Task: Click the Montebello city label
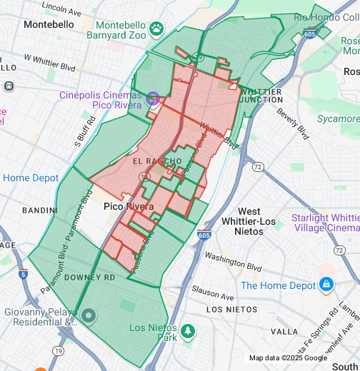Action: tap(49, 24)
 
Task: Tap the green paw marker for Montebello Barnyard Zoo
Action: tap(156, 29)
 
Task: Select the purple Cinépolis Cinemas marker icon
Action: tap(152, 99)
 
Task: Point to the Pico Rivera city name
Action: tap(129, 206)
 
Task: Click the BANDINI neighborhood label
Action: tap(39, 210)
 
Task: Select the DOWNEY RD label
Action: tap(89, 277)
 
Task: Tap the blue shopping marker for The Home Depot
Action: tap(326, 285)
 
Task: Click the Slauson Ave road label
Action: tap(213, 293)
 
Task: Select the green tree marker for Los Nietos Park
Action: tap(188, 332)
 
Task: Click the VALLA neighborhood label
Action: tap(284, 332)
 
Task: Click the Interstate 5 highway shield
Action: tap(24, 273)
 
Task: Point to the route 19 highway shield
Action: tap(57, 350)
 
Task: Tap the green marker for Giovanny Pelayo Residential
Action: tap(88, 315)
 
